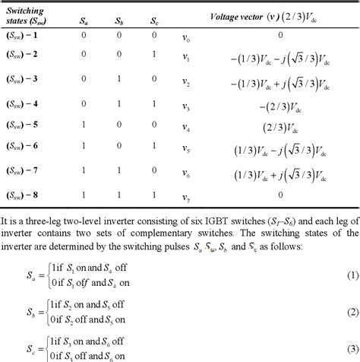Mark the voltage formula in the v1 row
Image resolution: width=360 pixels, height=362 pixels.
pos(279,57)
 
